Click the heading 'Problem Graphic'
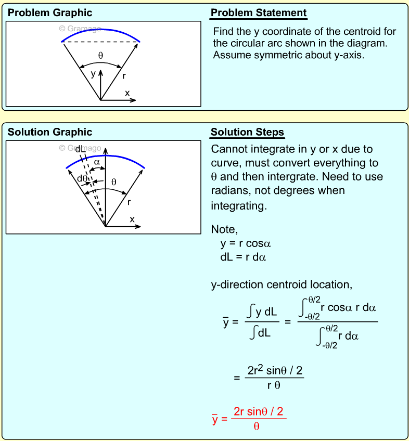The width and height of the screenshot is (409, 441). click(50, 13)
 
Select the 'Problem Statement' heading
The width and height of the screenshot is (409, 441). click(259, 13)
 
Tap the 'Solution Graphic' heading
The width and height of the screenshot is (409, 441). click(50, 132)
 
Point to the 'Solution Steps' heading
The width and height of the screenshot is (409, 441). click(247, 133)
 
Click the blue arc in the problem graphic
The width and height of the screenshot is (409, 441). click(101, 30)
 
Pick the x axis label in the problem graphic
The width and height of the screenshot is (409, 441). click(127, 93)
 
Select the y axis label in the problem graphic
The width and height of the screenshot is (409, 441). click(93, 74)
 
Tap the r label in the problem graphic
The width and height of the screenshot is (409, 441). click(124, 76)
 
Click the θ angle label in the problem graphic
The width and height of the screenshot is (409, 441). click(100, 55)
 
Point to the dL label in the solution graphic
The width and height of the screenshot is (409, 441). click(80, 149)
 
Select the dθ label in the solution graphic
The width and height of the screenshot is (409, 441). click(82, 178)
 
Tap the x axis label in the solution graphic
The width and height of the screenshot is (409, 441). click(132, 219)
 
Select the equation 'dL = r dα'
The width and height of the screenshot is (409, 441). click(243, 257)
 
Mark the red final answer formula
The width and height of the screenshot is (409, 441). click(249, 418)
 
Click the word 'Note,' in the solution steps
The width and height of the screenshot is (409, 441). click(224, 229)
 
